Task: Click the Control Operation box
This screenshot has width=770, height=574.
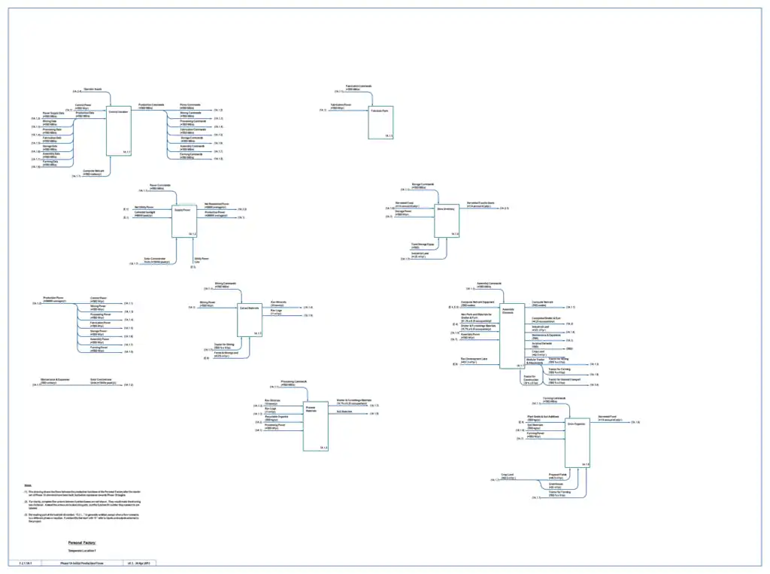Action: [119, 131]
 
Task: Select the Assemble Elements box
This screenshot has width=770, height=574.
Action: [511, 326]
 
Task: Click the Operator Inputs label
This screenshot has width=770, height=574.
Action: [92, 89]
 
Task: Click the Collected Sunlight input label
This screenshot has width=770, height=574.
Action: [144, 214]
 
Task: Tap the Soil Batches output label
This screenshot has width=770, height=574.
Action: [345, 412]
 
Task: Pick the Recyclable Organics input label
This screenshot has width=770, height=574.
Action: [275, 417]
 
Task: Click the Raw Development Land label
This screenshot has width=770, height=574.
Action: [474, 360]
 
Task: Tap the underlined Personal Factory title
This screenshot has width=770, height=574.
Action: [82, 542]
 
